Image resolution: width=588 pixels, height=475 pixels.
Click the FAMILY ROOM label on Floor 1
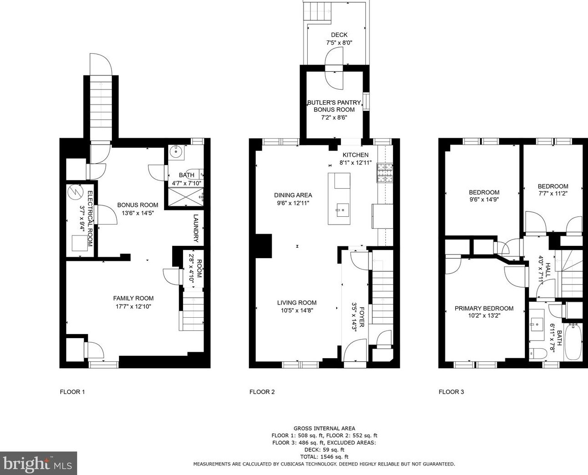click(x=133, y=298)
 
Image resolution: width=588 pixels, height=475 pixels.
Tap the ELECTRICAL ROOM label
click(x=90, y=219)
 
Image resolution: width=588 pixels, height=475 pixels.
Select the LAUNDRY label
click(x=196, y=228)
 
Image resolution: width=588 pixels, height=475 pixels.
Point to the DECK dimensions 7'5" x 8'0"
click(x=339, y=43)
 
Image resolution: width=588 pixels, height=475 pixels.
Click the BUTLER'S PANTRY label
click(x=334, y=102)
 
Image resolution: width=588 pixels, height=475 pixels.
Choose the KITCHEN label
click(x=355, y=155)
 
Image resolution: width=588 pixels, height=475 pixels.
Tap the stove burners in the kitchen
click(x=385, y=173)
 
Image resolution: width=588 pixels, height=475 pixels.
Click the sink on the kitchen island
click(x=342, y=210)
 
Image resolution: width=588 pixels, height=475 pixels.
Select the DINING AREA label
click(x=293, y=195)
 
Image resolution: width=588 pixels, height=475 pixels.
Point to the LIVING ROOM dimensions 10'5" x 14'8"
click(x=297, y=310)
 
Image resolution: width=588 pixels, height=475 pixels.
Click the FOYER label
click(x=362, y=317)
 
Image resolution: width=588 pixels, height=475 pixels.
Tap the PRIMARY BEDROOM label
click(x=484, y=309)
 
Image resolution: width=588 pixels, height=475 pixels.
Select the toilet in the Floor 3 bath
click(x=538, y=353)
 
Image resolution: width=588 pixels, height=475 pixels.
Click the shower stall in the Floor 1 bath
click(x=186, y=196)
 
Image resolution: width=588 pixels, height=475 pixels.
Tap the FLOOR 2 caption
click(x=262, y=392)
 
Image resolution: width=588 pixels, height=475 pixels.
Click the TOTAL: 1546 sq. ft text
click(x=324, y=457)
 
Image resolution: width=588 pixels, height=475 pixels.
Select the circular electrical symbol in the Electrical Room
click(x=75, y=191)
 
